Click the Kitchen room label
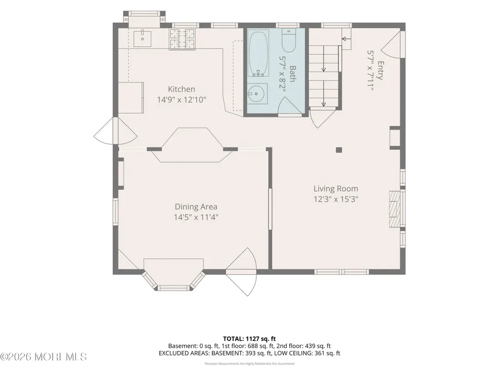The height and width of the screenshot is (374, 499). [182, 89]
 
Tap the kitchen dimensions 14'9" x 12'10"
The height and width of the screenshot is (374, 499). [182, 100]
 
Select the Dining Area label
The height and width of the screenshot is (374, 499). [196, 207]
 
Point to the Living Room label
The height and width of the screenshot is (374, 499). [336, 189]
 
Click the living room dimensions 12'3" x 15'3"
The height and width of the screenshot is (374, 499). [336, 199]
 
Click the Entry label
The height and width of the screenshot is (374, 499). [380, 71]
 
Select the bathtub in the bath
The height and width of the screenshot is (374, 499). [259, 53]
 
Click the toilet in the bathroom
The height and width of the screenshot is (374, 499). [289, 41]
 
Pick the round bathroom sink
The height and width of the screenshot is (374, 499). [258, 93]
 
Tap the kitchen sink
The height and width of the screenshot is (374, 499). [142, 38]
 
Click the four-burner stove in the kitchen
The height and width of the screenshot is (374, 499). [182, 39]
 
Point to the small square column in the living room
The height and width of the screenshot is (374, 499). [339, 150]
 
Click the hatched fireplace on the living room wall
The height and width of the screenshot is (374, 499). [395, 209]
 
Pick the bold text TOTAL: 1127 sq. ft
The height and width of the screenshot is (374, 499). [249, 338]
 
